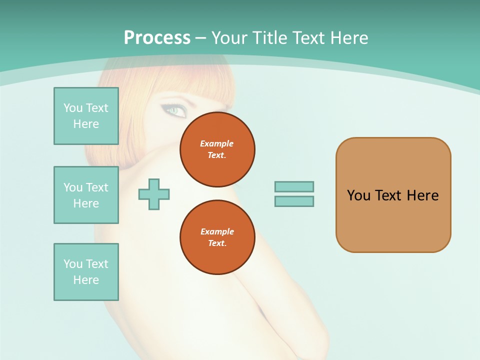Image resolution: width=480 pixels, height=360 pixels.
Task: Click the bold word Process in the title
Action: point(157,38)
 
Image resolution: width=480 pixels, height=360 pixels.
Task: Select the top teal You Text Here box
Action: point(86,116)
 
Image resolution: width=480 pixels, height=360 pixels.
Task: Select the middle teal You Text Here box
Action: point(86,195)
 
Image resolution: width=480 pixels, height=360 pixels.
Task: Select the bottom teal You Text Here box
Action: point(86,272)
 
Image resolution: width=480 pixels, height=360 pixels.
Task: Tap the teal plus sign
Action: point(154,194)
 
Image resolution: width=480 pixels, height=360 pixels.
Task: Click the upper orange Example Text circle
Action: point(217,149)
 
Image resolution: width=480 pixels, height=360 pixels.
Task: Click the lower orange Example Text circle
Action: point(217,237)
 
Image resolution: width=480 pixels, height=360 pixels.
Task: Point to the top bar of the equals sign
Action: point(294,186)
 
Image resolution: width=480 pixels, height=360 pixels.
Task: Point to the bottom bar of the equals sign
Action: point(294,201)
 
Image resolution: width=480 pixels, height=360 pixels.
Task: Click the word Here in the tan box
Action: point(422,195)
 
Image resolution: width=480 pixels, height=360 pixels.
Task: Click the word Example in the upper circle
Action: point(217,143)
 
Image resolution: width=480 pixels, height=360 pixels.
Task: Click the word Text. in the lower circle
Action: point(217,243)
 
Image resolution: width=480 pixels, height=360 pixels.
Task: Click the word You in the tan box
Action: point(358,195)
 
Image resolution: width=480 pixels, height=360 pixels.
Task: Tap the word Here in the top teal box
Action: point(86,124)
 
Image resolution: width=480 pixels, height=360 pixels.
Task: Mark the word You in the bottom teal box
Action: point(73,264)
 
